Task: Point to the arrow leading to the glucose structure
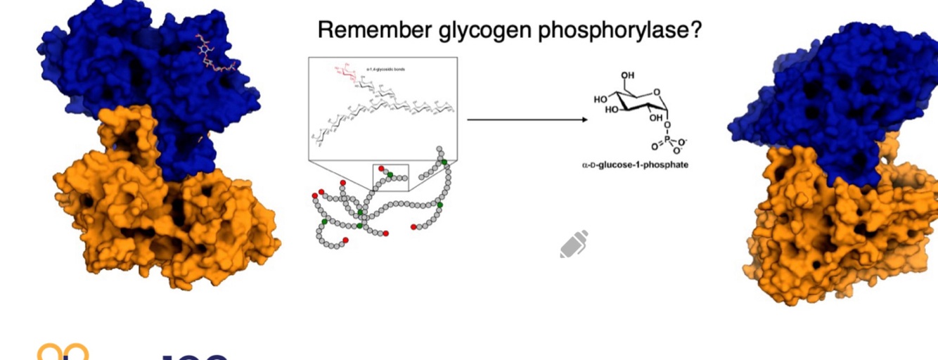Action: pyautogui.click(x=527, y=120)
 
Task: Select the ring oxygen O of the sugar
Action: pyautogui.click(x=655, y=91)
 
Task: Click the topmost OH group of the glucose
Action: pyautogui.click(x=628, y=76)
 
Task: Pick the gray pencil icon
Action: pyautogui.click(x=574, y=244)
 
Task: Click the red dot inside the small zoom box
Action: pyautogui.click(x=381, y=169)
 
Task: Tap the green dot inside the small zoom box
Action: pyautogui.click(x=390, y=174)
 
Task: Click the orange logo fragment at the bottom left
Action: pyautogui.click(x=63, y=352)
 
